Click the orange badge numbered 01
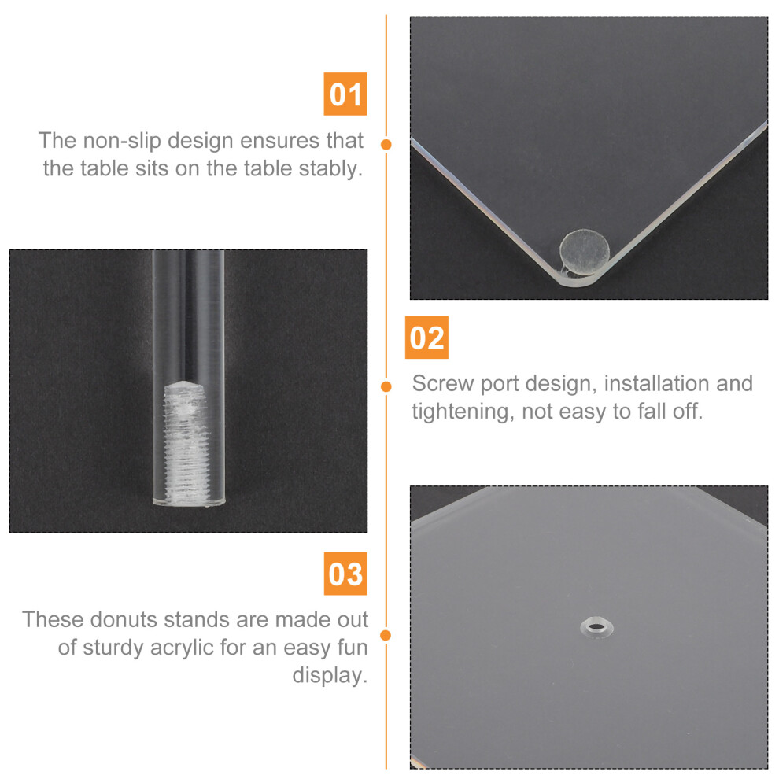point(345,94)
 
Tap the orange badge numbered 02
point(426,338)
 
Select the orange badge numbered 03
point(345,574)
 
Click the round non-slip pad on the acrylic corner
point(584,252)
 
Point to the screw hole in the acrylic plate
point(596,627)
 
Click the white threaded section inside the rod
point(185,441)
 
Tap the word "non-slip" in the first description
point(122,141)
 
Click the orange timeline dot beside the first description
point(386,145)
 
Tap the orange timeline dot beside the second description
point(386,386)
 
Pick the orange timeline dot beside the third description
point(386,636)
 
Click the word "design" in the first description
point(200,142)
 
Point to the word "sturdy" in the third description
point(113,648)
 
